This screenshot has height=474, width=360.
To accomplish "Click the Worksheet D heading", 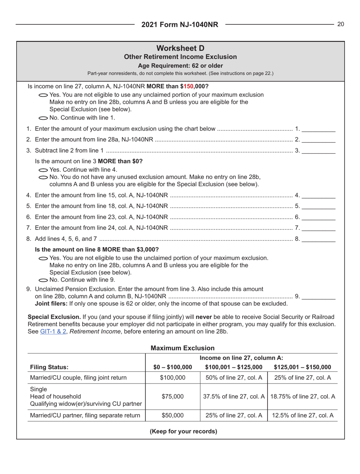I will [x=180, y=48].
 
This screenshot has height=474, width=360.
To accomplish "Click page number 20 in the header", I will [x=340, y=24].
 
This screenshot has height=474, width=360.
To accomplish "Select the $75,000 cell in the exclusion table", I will [x=172, y=396].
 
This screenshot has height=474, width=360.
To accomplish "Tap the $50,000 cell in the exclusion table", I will [x=172, y=415].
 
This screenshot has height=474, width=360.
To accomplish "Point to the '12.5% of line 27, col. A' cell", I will [x=302, y=415].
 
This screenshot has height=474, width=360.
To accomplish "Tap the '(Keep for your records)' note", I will [x=183, y=432].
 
